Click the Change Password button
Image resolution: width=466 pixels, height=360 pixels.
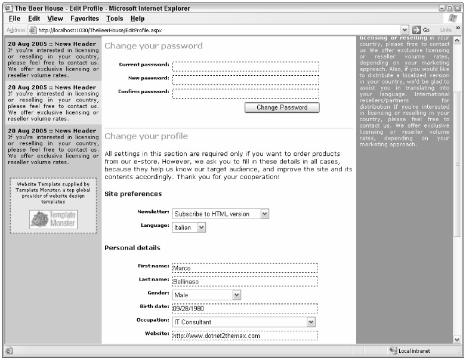(x=282, y=107)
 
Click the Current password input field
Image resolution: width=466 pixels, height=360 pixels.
(x=245, y=66)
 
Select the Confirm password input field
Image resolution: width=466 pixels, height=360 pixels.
(x=245, y=93)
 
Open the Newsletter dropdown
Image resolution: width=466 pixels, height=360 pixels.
(x=221, y=214)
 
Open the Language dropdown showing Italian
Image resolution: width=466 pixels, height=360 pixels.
(x=189, y=227)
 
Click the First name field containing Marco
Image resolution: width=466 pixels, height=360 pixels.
(x=245, y=268)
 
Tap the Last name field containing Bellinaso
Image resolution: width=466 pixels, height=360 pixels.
(x=245, y=281)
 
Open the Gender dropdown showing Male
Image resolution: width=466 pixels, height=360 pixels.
(x=206, y=294)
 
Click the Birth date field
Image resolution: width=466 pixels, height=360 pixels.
(x=245, y=309)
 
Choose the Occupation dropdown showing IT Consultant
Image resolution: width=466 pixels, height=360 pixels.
(x=243, y=322)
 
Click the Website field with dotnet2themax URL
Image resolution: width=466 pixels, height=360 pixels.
(x=245, y=336)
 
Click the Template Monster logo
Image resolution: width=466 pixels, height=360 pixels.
(x=54, y=219)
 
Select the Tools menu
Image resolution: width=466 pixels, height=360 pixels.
(x=115, y=19)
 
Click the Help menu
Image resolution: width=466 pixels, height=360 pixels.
(x=138, y=19)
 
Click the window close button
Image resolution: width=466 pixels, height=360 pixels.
(x=458, y=8)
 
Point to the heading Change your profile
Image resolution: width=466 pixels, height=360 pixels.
(x=146, y=136)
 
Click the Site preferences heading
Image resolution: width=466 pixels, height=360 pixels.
(x=133, y=194)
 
